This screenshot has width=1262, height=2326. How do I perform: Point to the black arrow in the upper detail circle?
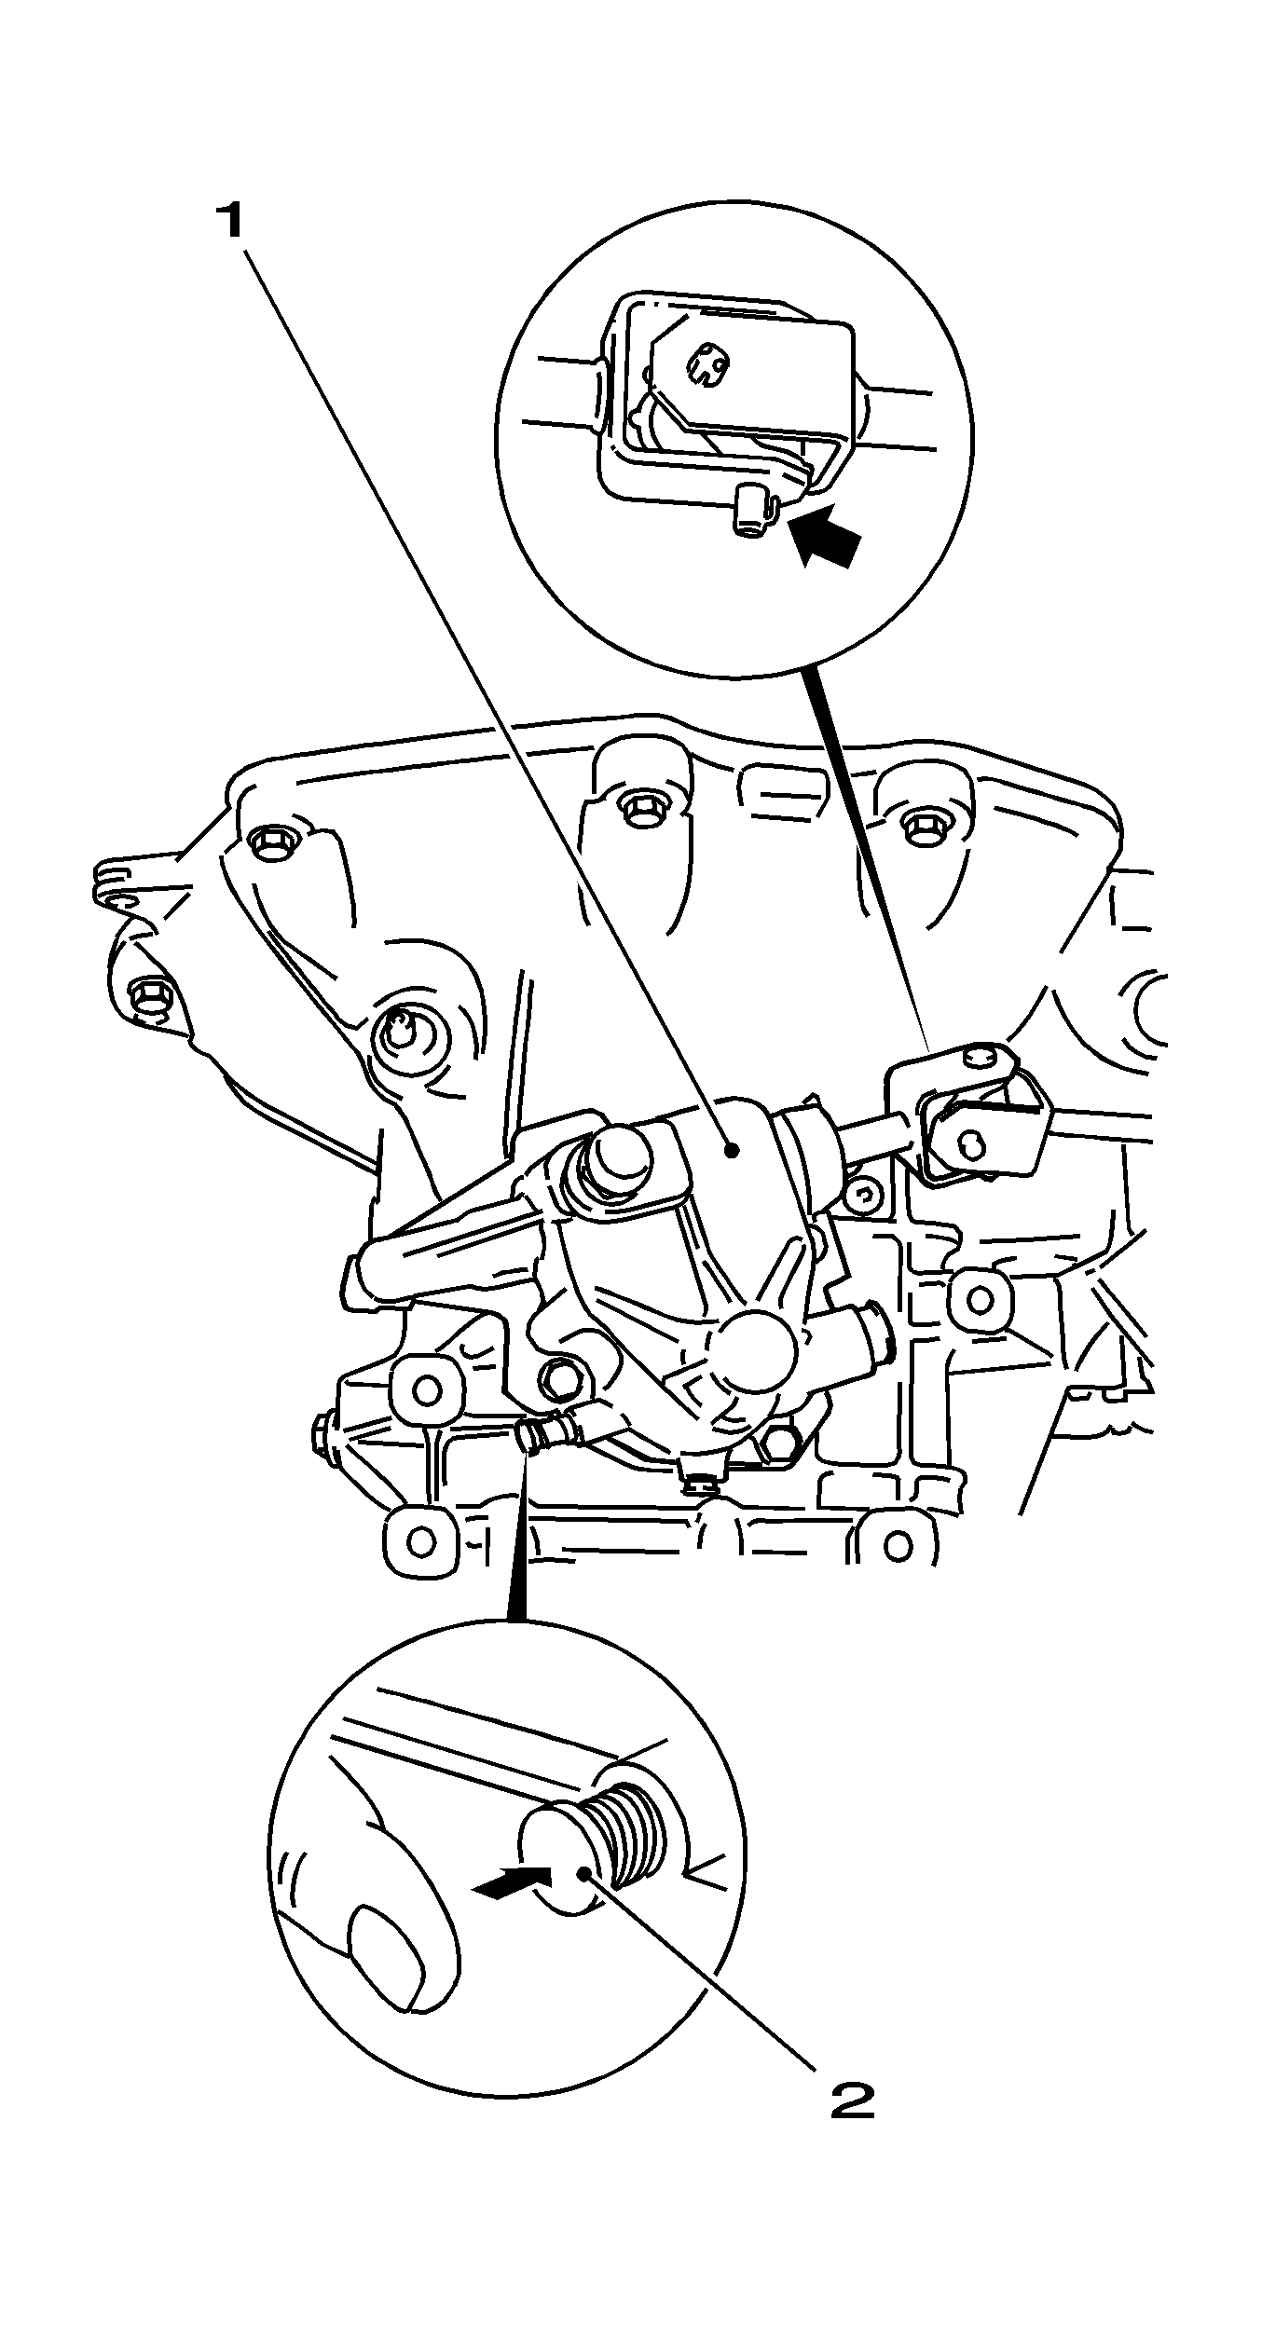pos(825,540)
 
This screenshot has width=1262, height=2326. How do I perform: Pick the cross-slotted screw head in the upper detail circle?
pos(707,364)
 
